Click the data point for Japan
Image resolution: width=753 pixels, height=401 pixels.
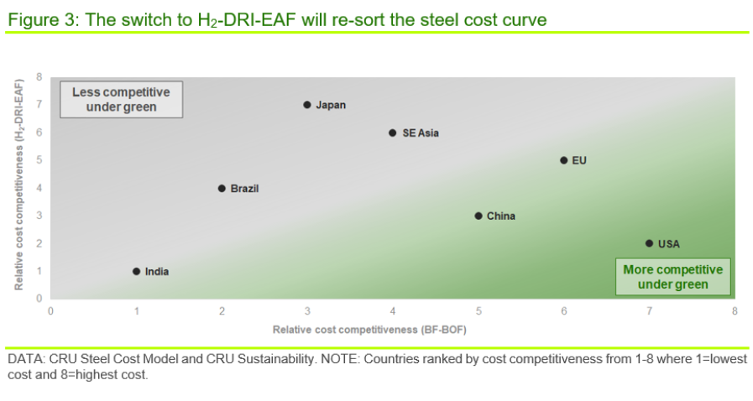click(307, 105)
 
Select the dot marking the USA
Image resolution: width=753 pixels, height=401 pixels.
click(649, 243)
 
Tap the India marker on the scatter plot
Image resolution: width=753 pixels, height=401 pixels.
click(136, 271)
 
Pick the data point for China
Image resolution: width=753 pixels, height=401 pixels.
click(478, 216)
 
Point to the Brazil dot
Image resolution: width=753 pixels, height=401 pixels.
click(222, 188)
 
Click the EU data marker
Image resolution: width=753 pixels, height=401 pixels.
click(564, 160)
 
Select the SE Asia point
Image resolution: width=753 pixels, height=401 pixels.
click(393, 133)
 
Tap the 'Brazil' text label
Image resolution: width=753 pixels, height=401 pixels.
click(244, 189)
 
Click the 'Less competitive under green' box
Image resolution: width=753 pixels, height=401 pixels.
click(120, 99)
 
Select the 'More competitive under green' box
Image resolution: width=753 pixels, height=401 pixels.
click(672, 277)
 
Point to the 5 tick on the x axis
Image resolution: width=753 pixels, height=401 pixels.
click(478, 310)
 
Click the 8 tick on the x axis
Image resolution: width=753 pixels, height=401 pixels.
click(735, 310)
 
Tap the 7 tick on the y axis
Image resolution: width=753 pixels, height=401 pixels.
click(39, 105)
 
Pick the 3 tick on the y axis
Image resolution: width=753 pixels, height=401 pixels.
click(39, 216)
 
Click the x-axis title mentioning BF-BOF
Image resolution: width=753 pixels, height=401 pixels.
click(369, 329)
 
